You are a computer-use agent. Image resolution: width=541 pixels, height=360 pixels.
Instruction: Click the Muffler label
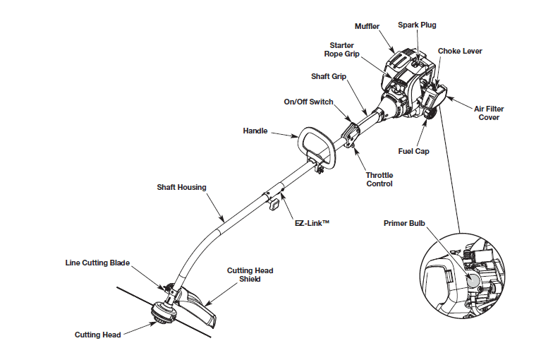click(x=367, y=27)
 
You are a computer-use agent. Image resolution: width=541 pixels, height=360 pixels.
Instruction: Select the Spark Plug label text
click(x=418, y=25)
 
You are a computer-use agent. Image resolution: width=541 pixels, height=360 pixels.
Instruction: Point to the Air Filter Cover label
click(x=488, y=113)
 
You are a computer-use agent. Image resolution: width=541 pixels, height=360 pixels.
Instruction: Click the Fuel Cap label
click(x=413, y=151)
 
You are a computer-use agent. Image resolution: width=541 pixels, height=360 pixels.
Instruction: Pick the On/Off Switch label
click(x=308, y=102)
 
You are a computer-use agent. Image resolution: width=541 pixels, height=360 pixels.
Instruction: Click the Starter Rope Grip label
click(x=339, y=49)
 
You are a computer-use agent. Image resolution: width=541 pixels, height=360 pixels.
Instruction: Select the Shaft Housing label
click(x=181, y=187)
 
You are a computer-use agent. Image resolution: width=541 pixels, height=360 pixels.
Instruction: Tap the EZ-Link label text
click(x=312, y=222)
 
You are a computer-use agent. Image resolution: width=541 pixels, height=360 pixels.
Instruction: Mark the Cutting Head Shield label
click(x=250, y=275)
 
